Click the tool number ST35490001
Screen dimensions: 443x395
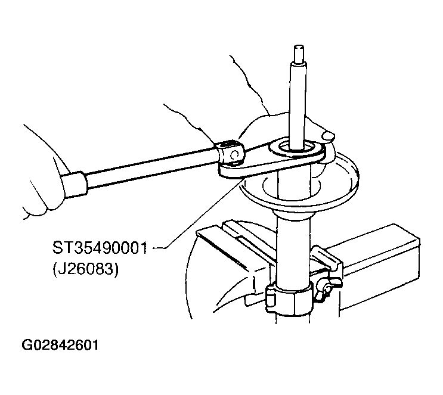pyautogui.click(x=100, y=248)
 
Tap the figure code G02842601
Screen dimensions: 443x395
pyautogui.click(x=60, y=345)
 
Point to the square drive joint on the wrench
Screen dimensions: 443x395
pyautogui.click(x=231, y=153)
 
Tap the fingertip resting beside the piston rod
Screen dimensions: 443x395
pyautogui.click(x=328, y=135)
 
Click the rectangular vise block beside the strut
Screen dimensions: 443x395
pyautogui.click(x=379, y=268)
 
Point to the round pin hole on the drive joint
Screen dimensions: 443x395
pyautogui.click(x=235, y=154)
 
